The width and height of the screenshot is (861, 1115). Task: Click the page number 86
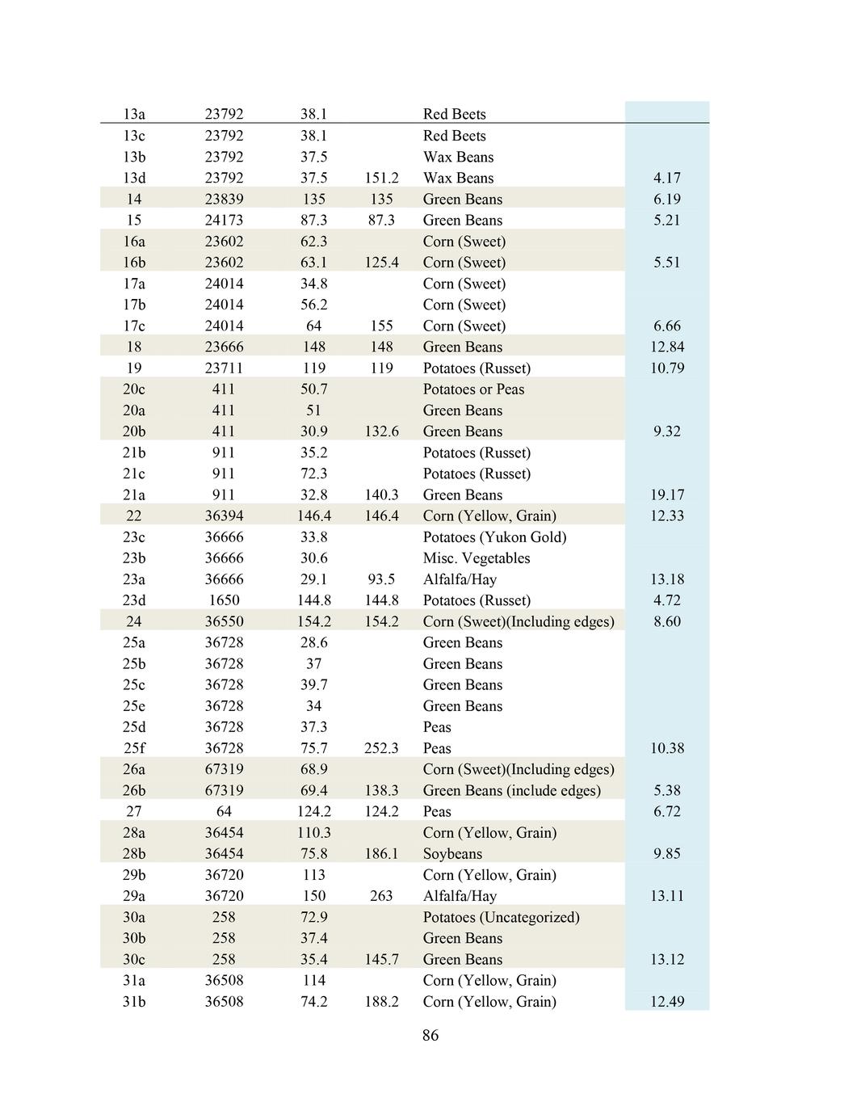pos(430,1035)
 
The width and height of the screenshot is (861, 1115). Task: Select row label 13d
pos(134,178)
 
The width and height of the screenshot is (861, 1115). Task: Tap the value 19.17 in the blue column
pos(666,494)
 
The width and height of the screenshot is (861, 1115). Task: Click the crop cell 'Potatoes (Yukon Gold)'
pos(494,537)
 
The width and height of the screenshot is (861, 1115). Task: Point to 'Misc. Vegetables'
pos(477,558)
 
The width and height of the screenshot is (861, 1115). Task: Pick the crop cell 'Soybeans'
pos(452,854)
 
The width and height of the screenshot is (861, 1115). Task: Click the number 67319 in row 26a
pos(224,769)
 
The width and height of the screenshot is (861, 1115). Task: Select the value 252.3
pos(381,748)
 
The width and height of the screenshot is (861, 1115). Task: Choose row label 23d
pos(134,600)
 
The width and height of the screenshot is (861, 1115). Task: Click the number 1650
pos(224,600)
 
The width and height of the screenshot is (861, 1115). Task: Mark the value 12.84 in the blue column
pos(666,347)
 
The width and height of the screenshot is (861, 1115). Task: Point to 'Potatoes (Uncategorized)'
pos(501,917)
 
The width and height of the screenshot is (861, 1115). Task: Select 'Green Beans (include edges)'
pos(511,790)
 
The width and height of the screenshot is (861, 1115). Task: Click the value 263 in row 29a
pos(381,896)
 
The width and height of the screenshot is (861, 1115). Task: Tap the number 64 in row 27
pos(224,811)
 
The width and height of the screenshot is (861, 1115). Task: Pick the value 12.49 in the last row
pos(666,1002)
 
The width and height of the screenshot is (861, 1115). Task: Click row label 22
pos(134,515)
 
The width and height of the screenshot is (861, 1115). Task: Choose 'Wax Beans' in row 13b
pos(458,157)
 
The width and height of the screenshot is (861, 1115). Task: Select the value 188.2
pos(381,1002)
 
